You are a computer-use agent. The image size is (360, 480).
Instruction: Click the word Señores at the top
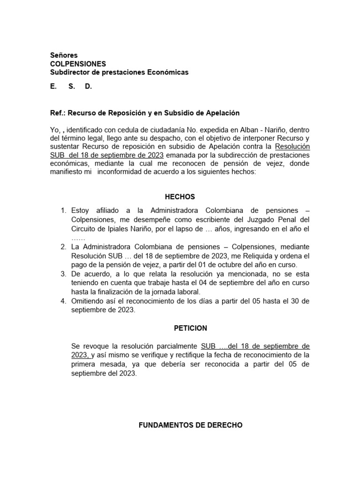pos(64,55)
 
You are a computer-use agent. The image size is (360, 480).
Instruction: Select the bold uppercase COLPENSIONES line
pos(78,64)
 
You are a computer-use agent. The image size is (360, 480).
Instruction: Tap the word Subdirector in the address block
pos(68,72)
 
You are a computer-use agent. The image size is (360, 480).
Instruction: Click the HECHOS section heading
pos(180,197)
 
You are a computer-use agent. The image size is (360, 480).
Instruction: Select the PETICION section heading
pos(180,328)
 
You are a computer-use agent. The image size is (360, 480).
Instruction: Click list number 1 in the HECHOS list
pos(64,210)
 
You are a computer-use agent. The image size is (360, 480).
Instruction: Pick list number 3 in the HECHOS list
pos(64,274)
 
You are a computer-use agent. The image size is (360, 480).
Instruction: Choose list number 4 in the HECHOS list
pos(64,301)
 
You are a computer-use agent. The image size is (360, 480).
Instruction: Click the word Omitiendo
pos(88,301)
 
